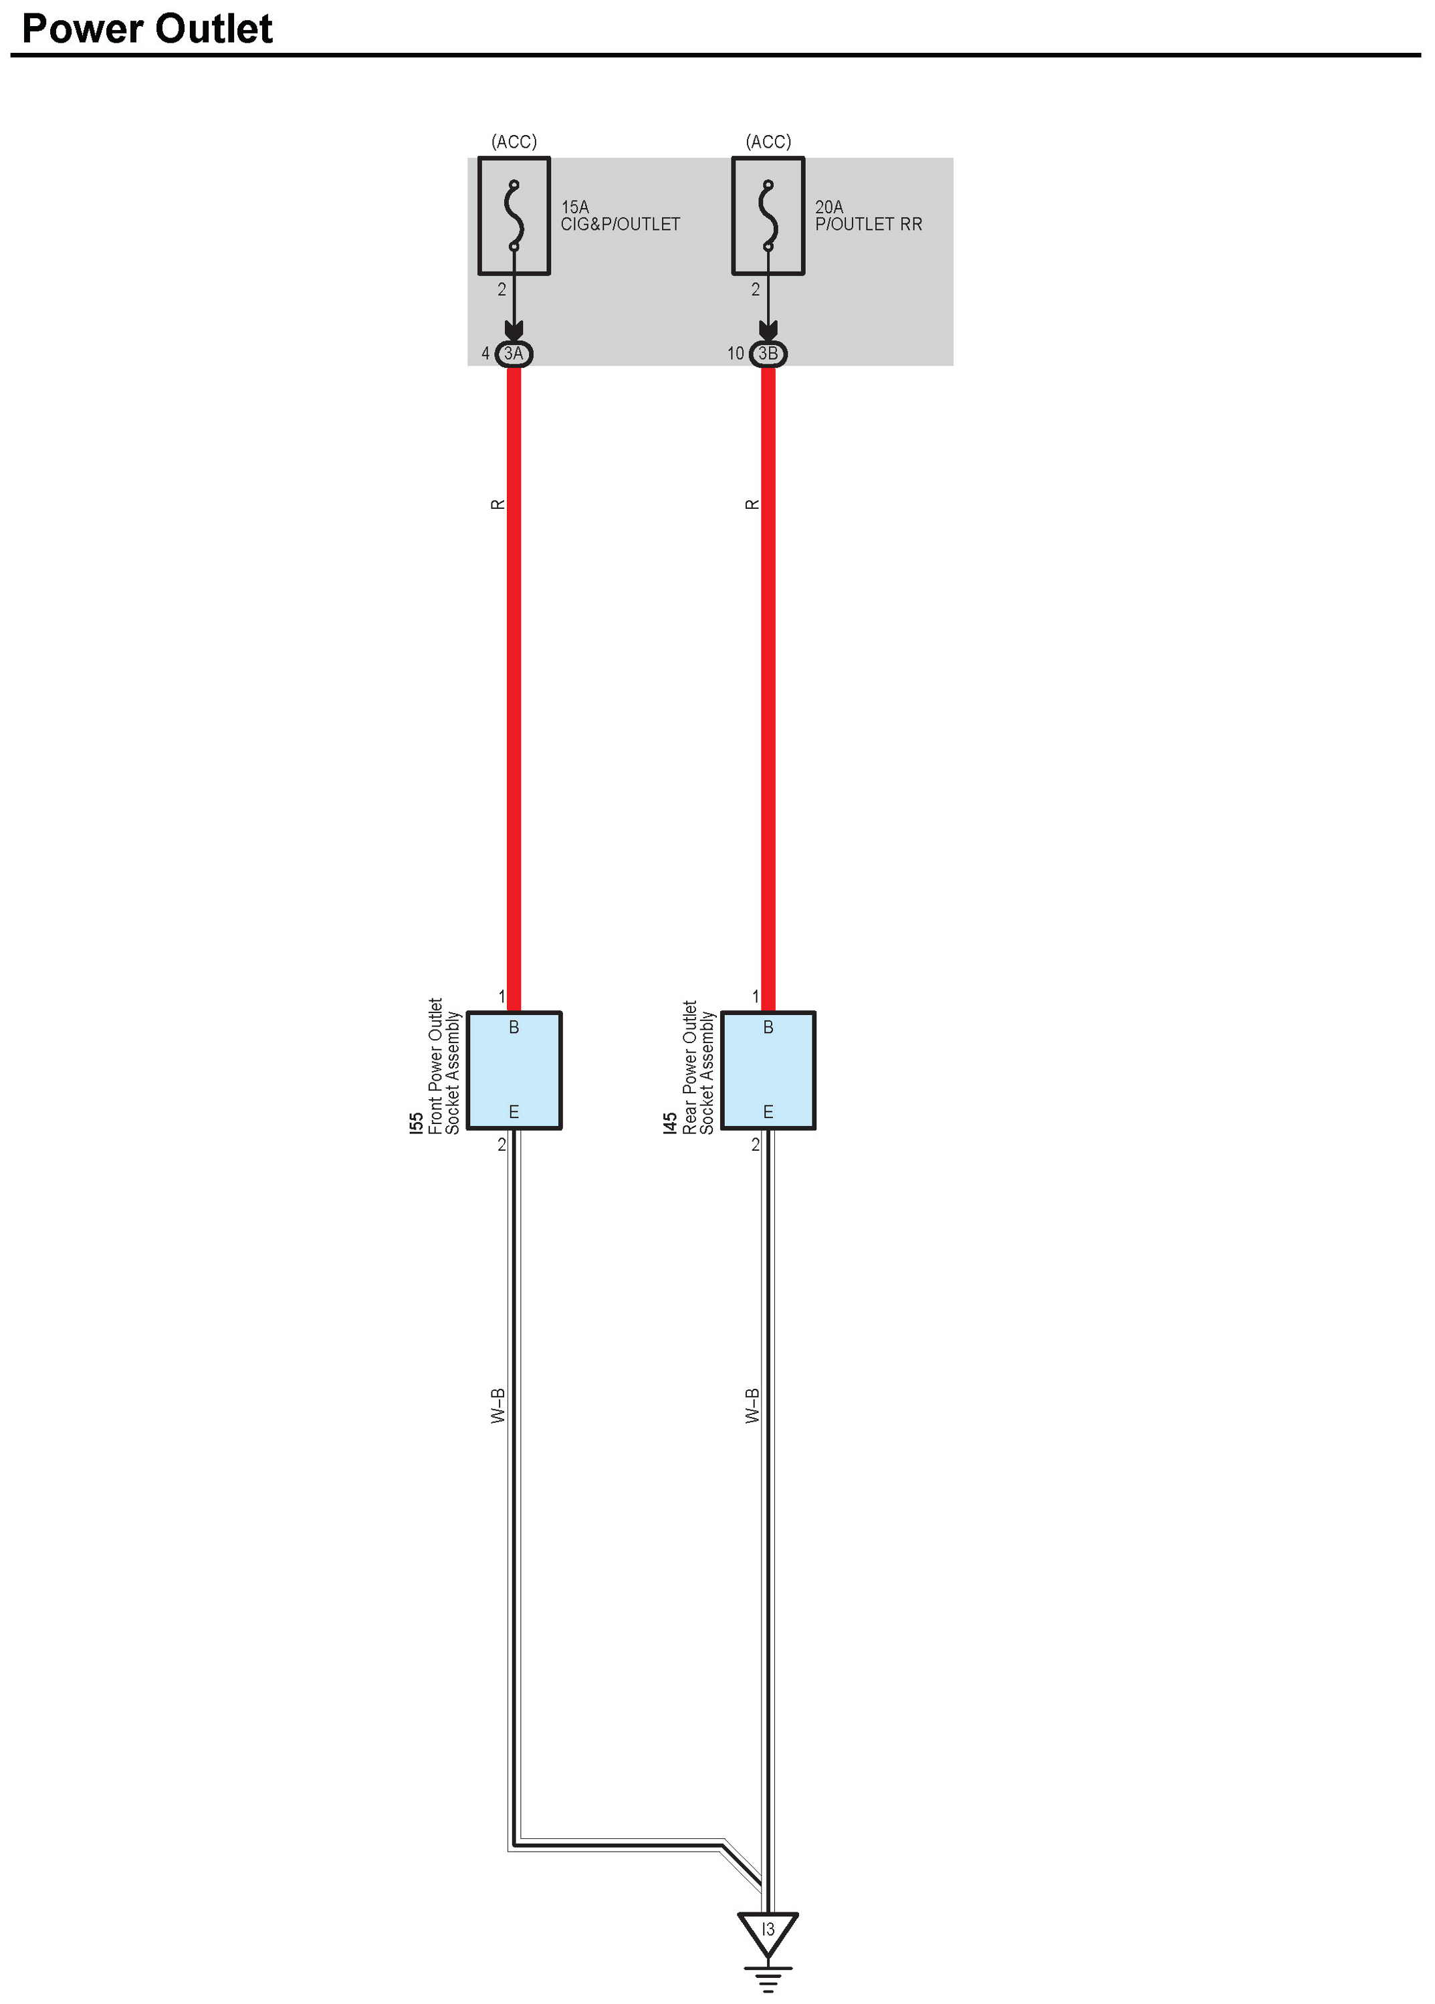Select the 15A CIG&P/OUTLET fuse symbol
(514, 215)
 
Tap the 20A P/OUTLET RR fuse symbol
(768, 215)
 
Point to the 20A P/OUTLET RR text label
(868, 215)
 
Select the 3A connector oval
(514, 354)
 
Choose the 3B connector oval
(768, 354)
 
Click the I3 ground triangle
(768, 1930)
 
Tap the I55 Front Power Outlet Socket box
(514, 1070)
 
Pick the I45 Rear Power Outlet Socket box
(768, 1070)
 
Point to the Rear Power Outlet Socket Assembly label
(698, 1067)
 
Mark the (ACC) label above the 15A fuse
(514, 141)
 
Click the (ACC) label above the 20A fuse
(768, 141)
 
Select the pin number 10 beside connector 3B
(735, 354)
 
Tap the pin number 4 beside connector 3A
(485, 354)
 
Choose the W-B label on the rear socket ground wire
(752, 1405)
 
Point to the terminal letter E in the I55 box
(514, 1111)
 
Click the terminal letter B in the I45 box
(768, 1028)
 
